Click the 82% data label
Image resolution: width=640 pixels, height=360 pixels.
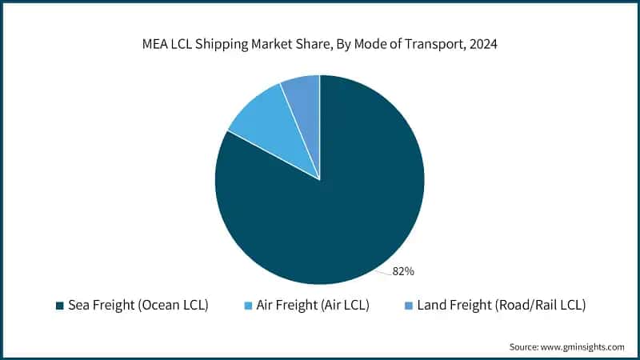tap(402, 271)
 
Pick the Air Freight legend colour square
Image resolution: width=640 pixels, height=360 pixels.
tap(248, 306)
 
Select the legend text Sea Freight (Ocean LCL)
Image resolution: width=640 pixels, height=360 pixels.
tap(138, 306)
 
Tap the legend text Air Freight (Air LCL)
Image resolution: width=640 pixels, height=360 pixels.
tap(313, 306)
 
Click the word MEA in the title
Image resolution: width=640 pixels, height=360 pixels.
tap(155, 46)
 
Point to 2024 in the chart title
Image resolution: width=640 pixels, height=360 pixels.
tap(482, 46)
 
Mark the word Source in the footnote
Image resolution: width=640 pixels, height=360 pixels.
tap(525, 346)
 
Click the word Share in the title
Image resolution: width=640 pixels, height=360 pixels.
tap(313, 46)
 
